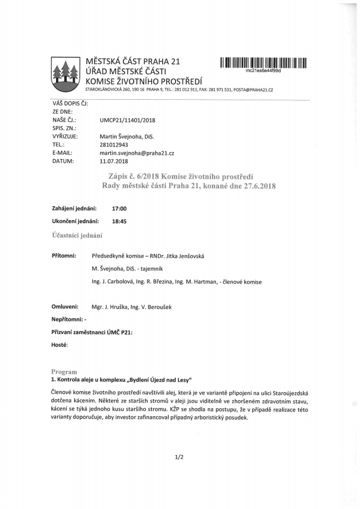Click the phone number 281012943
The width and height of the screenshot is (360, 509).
(x=114, y=144)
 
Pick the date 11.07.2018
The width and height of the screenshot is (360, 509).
(x=114, y=160)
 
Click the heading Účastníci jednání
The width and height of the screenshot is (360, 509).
(x=77, y=235)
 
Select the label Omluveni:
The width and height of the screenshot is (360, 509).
(x=65, y=306)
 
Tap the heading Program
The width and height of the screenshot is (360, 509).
(x=64, y=372)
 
